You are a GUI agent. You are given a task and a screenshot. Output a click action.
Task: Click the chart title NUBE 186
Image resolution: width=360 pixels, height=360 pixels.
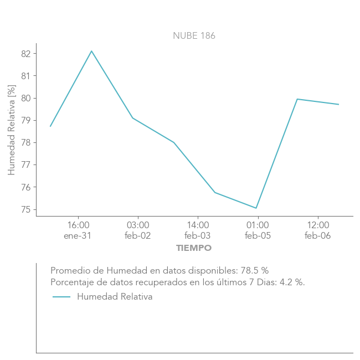click(x=194, y=36)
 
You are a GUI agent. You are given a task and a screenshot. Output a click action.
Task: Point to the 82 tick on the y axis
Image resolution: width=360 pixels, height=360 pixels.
click(x=26, y=54)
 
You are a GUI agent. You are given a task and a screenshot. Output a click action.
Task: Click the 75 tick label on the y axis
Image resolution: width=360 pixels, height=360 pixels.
click(x=26, y=209)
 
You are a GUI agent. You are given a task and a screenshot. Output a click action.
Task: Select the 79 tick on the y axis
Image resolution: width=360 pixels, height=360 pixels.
click(x=26, y=120)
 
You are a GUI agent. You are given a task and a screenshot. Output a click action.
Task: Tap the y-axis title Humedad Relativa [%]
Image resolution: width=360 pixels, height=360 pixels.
click(x=12, y=130)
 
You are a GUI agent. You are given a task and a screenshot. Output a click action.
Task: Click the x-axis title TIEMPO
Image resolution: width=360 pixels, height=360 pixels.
click(x=194, y=248)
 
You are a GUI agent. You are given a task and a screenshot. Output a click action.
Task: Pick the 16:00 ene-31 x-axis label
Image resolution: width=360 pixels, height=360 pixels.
click(x=78, y=230)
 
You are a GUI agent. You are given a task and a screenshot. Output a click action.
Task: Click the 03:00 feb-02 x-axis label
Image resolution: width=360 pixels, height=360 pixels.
click(x=138, y=230)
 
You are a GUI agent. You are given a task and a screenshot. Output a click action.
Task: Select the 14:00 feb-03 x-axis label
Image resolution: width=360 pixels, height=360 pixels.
click(x=198, y=230)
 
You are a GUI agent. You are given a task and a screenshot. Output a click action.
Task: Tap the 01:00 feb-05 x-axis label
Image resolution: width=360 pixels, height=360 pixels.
click(x=258, y=230)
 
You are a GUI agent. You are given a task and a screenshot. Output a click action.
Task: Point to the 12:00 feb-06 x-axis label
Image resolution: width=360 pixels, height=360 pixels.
click(x=317, y=230)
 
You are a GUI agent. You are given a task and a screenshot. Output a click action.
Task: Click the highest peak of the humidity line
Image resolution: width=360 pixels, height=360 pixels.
click(x=91, y=51)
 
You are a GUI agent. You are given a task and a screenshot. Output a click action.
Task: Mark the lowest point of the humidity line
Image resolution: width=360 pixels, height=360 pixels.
click(x=256, y=208)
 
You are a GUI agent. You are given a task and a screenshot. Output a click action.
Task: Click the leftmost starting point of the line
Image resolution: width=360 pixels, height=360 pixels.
click(x=50, y=126)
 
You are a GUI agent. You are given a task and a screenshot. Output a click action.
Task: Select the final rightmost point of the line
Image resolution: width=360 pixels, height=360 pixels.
click(x=338, y=104)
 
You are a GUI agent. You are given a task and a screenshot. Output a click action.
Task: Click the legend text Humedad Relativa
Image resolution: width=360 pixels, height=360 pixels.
click(x=115, y=297)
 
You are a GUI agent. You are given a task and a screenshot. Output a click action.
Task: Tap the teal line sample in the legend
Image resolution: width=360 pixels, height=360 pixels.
click(x=61, y=297)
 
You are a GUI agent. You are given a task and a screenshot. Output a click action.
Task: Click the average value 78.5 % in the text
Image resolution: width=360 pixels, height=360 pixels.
click(x=254, y=271)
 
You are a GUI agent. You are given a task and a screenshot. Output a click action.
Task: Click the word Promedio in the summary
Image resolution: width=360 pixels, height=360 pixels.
click(x=68, y=271)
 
